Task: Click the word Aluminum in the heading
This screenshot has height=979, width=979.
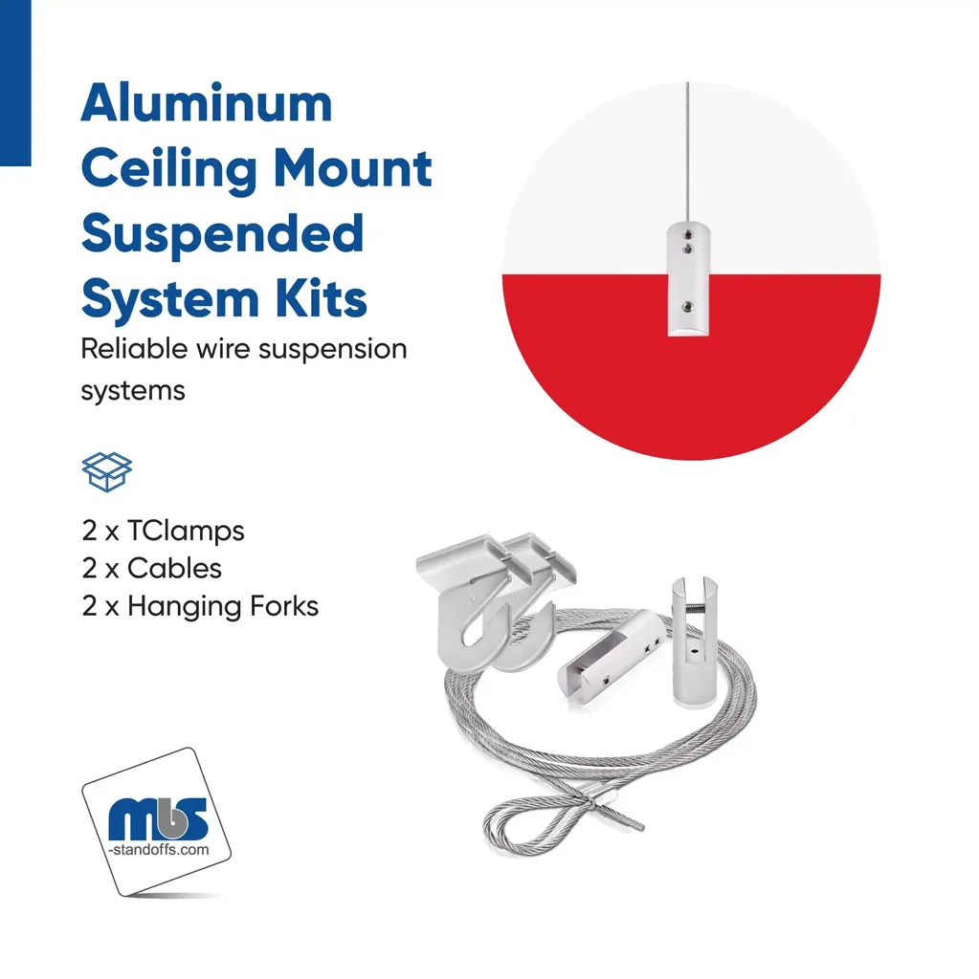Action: coord(206,103)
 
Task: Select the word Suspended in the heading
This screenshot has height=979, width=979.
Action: coord(222,234)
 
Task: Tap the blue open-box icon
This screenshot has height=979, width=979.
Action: coord(106,470)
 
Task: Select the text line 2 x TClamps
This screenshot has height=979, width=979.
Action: coord(163,531)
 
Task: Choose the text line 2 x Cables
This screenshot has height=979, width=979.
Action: coord(151,568)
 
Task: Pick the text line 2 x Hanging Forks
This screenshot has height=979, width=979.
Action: coord(200,605)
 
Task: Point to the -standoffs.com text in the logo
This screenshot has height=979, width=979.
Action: coord(158,848)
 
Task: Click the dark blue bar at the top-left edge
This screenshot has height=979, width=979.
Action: coord(15,82)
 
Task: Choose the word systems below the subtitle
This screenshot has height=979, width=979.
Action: coord(132,390)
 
